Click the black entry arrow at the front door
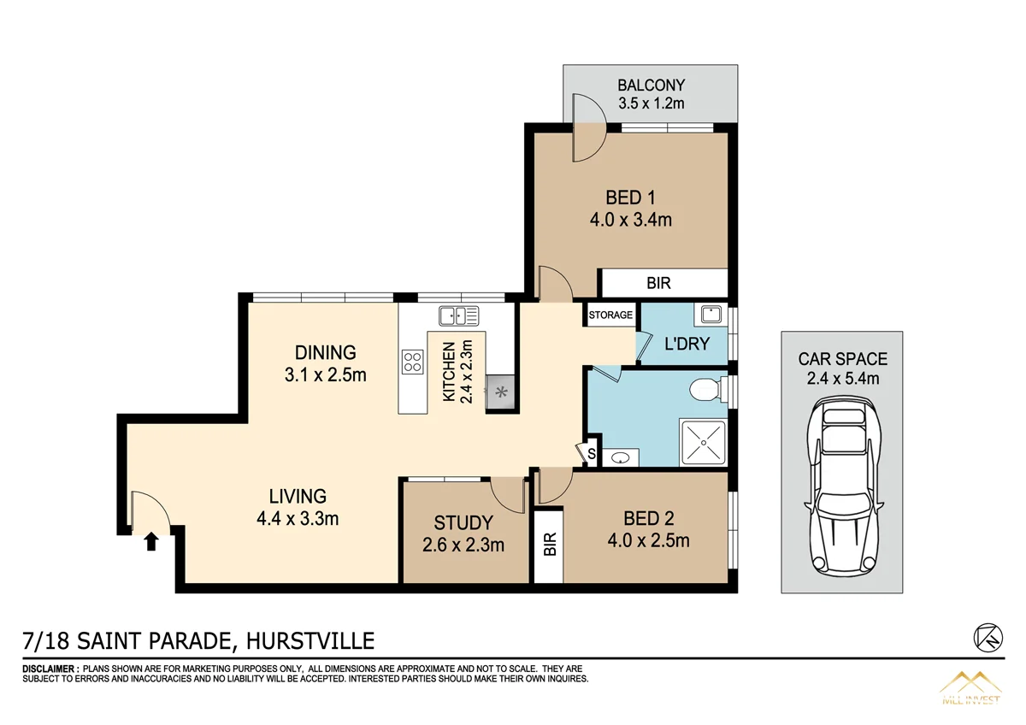151,541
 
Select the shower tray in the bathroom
701,442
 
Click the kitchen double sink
458,316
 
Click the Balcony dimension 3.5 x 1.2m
652,103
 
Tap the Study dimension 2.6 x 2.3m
463,545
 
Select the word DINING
325,352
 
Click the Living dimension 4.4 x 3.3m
298,518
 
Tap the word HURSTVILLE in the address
310,640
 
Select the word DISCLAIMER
50,668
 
